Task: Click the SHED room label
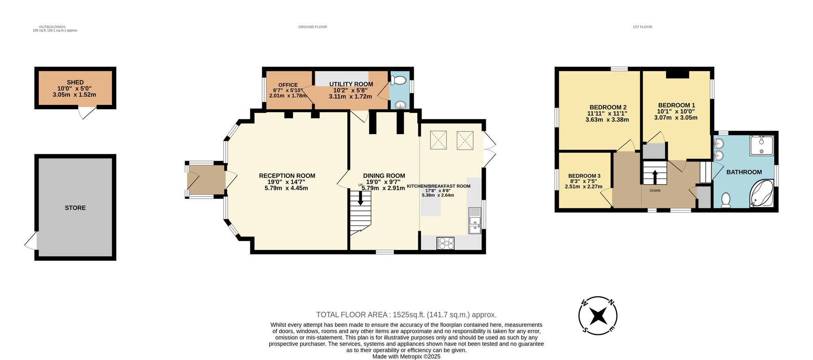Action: coord(75,82)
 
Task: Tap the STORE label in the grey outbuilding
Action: coord(75,208)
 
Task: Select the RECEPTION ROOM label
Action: coord(287,176)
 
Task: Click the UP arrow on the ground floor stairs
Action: coord(361,198)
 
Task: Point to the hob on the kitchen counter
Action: coord(446,243)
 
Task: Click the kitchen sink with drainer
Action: coord(474,221)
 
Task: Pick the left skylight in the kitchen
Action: coord(438,140)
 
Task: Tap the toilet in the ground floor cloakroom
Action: coord(400,80)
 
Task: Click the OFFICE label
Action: coord(288,85)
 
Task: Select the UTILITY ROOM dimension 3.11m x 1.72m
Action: coord(350,96)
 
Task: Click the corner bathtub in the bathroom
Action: coord(761,194)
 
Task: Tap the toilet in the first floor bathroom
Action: coord(726,200)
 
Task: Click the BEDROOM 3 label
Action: coord(584,176)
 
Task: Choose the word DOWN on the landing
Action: coord(655,191)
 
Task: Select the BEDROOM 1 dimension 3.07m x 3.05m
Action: coord(676,117)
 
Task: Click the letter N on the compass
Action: coord(611,302)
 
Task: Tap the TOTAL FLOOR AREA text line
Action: coord(406,314)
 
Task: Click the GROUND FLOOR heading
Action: coord(312,27)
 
